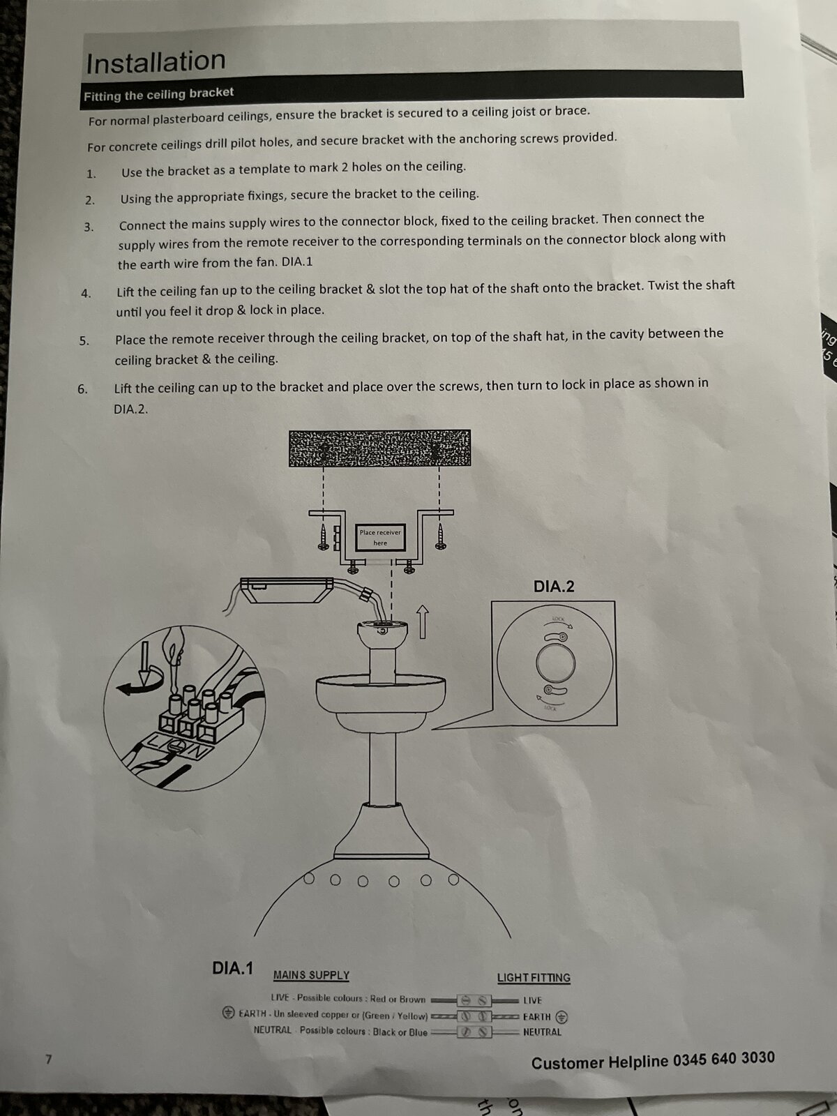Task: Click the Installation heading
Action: (156, 62)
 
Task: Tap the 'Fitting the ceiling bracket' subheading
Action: (158, 94)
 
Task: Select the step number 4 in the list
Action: (86, 294)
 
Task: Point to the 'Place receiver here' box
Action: (380, 537)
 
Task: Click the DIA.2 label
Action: (554, 587)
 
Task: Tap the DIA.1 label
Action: (233, 968)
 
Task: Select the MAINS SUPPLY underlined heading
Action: (312, 975)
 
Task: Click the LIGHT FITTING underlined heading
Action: (534, 977)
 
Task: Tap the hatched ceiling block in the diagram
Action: (379, 448)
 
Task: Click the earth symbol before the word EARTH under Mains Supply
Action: (228, 1012)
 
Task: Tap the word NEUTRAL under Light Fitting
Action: (542, 1032)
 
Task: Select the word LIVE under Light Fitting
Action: (533, 1000)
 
